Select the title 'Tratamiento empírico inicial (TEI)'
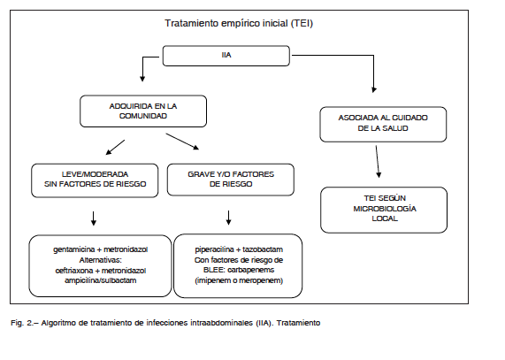coord(239,23)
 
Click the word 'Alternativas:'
coord(101,260)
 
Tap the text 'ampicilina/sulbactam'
coord(101,280)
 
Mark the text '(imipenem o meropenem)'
coord(239,280)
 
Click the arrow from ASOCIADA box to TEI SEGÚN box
coord(378,162)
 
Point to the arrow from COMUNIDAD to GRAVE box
coord(182,142)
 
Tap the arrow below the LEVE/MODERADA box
coord(94,218)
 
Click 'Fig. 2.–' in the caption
coord(25,323)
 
